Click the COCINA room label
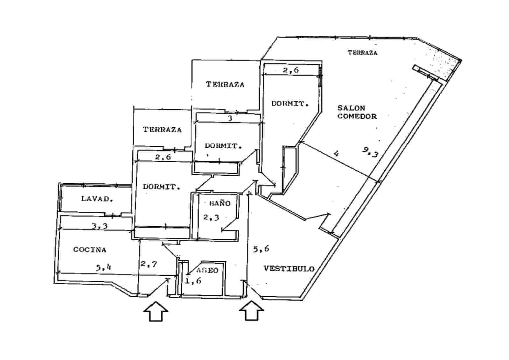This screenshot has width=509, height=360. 90,250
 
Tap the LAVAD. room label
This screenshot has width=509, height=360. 97,199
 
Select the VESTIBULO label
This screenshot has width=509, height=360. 289,269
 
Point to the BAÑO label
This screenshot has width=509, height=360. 220,203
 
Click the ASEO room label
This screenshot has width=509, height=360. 207,270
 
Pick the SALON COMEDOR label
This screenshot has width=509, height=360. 357,112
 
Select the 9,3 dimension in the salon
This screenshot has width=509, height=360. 370,152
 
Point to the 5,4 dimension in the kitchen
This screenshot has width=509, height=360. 103,267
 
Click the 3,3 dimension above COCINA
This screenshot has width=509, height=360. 100,226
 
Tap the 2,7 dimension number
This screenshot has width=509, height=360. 149,264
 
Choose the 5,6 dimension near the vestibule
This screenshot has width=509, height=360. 261,249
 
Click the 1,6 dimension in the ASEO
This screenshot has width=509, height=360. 193,281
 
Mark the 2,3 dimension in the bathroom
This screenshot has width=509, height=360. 211,217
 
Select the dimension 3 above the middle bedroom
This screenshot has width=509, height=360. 230,118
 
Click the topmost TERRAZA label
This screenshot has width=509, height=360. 362,53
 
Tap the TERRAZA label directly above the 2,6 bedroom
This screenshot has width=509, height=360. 162,130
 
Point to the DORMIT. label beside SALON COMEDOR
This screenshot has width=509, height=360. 290,103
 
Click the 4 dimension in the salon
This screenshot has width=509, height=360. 336,153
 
